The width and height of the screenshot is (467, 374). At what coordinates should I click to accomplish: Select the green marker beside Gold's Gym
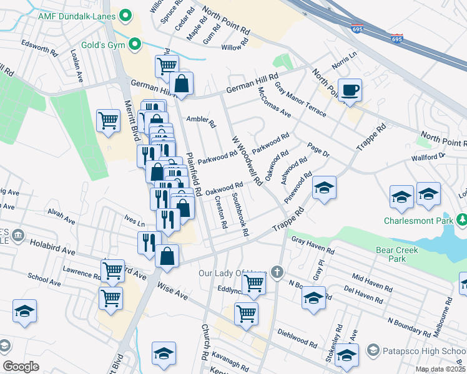(134, 44)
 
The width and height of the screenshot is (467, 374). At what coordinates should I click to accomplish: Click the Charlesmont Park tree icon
(461, 220)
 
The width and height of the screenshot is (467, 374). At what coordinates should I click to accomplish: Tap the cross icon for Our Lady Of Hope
(277, 272)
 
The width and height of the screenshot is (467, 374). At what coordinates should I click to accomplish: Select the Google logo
(21, 367)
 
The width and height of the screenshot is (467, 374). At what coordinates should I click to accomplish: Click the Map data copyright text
(440, 370)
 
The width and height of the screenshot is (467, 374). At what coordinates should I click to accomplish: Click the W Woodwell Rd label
(247, 161)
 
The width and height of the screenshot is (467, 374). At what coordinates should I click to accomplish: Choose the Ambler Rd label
(200, 122)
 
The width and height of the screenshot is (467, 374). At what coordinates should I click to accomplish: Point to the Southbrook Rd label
(240, 215)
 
